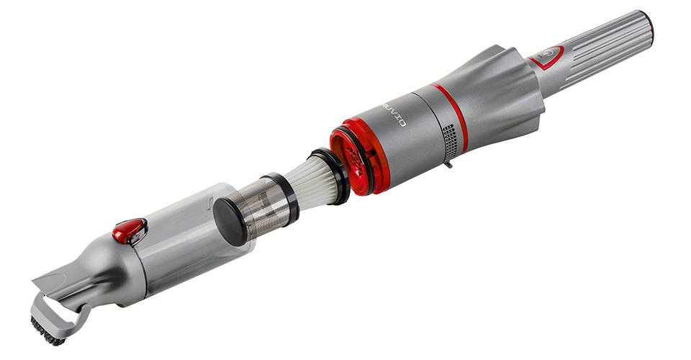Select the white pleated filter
302,179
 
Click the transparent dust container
180,238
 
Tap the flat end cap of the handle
646,27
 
